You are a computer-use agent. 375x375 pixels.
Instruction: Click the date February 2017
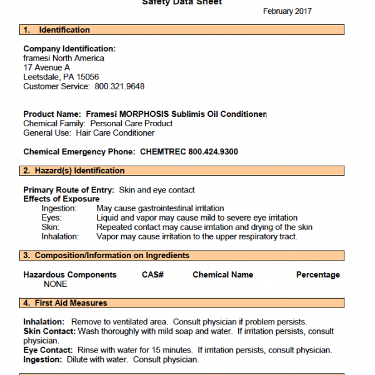(287, 11)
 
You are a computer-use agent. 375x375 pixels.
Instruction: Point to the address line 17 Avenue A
(47, 67)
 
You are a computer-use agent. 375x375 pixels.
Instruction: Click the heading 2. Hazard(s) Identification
(74, 171)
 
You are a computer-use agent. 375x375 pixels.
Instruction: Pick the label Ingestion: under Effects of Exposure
(59, 208)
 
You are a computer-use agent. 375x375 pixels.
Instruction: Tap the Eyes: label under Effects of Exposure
(51, 217)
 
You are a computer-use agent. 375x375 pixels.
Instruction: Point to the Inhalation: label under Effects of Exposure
(60, 237)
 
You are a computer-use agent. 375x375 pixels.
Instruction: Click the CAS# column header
(152, 274)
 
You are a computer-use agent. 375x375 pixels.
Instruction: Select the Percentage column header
(317, 274)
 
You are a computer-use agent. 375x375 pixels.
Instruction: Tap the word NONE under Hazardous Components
(56, 284)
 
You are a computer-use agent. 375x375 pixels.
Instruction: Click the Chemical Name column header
(222, 274)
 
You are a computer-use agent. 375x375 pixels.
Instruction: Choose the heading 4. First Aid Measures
(65, 303)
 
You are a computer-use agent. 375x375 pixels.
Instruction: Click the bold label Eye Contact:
(48, 350)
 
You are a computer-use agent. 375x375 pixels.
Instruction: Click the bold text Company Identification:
(69, 49)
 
